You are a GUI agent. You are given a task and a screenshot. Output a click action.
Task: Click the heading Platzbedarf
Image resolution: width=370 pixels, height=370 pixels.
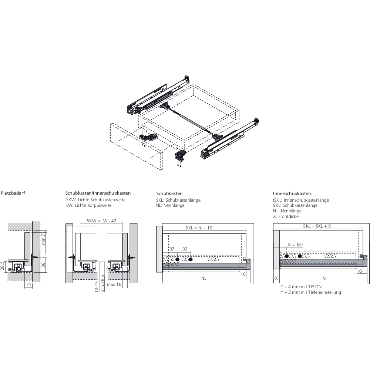[x=13, y=193]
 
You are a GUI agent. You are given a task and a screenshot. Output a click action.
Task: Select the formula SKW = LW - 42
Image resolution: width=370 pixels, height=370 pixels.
[x=102, y=221]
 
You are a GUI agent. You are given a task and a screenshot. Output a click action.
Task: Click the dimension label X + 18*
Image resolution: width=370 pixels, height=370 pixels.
[x=296, y=245]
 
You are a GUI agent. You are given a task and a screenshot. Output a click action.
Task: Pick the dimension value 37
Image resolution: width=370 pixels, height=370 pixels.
[x=171, y=249]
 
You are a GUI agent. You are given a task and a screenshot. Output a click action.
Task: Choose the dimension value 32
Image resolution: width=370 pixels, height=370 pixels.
[x=185, y=249]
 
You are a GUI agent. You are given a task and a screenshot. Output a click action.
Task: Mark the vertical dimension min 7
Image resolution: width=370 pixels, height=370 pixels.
[x=43, y=239]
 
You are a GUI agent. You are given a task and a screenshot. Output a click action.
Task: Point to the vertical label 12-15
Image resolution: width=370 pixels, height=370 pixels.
[x=96, y=287]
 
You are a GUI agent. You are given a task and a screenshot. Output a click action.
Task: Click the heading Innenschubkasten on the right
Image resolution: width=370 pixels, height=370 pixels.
[x=292, y=194]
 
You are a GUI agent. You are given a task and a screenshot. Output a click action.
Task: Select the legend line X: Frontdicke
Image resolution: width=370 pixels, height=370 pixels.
[x=286, y=216]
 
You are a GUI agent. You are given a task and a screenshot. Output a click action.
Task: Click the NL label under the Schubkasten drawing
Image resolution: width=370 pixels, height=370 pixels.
[x=204, y=278]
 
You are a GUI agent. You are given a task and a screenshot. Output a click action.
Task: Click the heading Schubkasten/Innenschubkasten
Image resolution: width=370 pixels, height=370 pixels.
[x=98, y=193]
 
